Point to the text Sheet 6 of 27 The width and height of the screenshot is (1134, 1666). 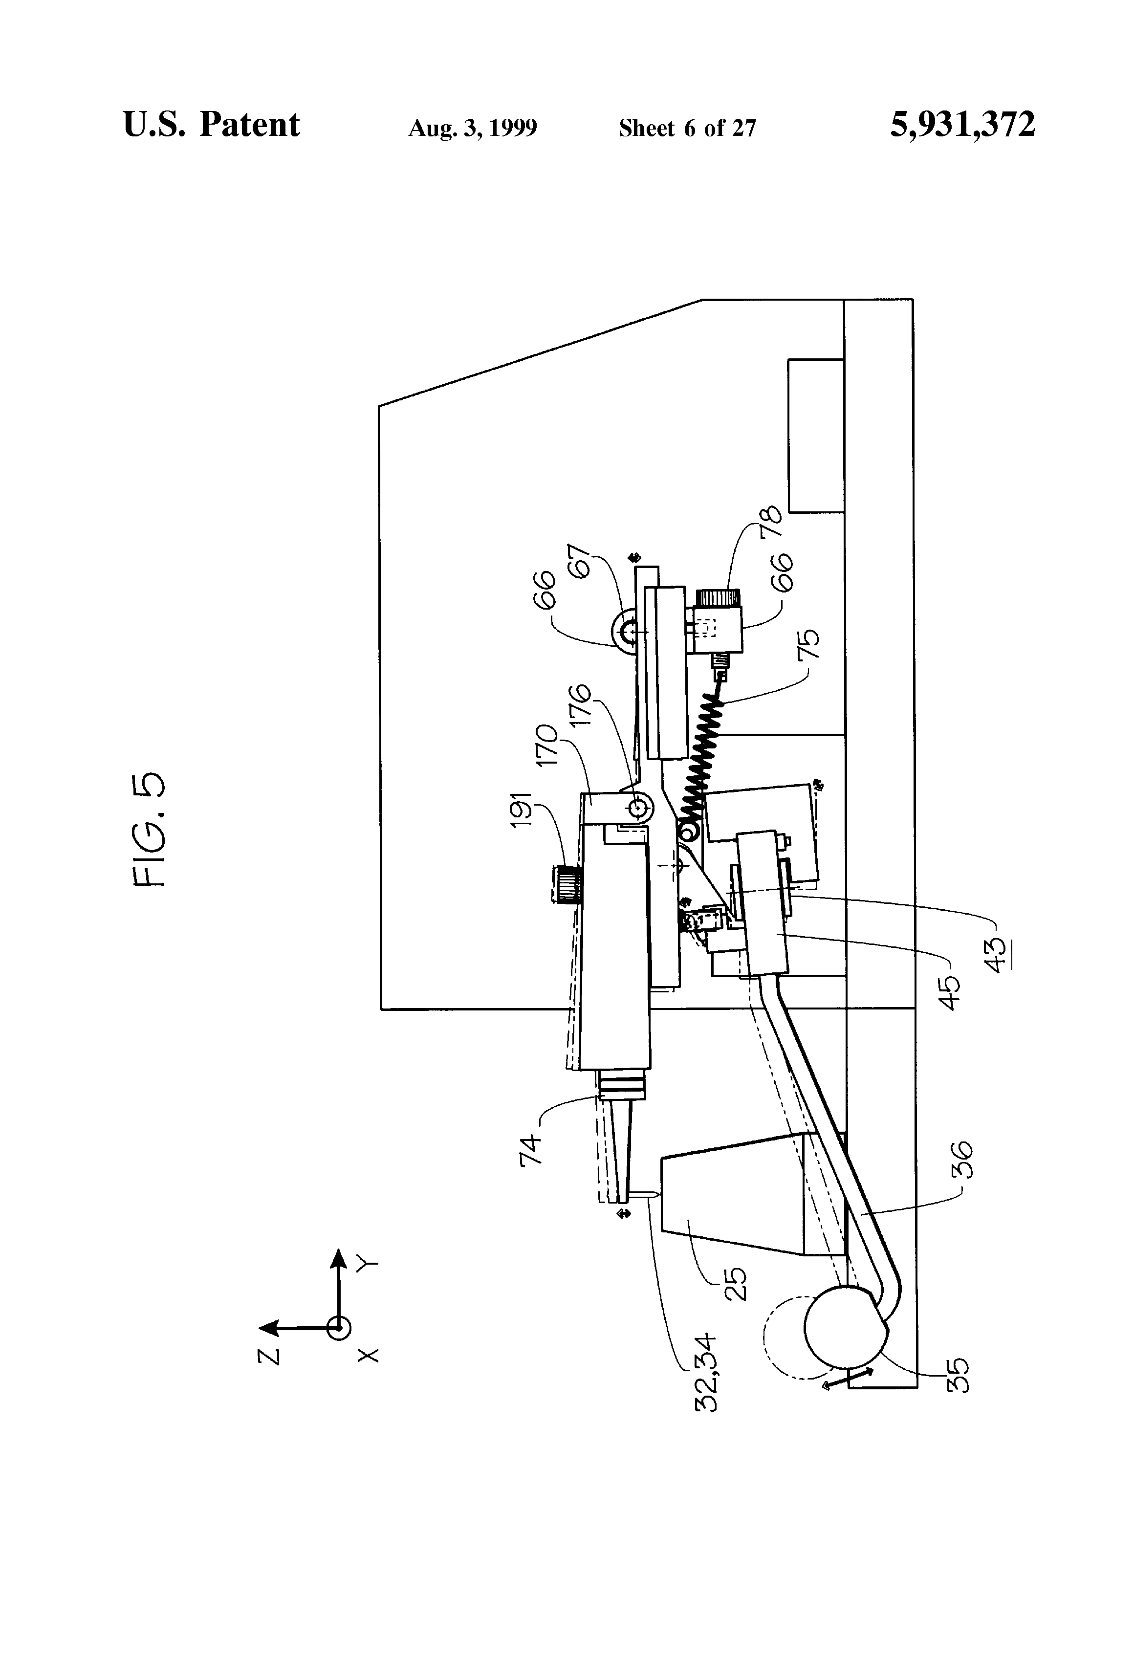[x=687, y=128]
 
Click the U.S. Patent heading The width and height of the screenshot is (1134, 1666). [x=212, y=126]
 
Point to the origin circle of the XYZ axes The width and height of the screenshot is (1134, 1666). [x=338, y=1328]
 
